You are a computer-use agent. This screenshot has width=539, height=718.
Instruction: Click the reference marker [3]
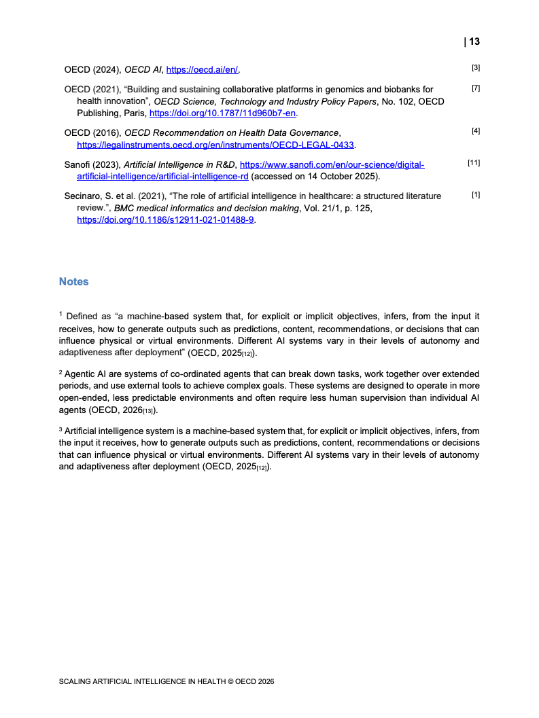476,67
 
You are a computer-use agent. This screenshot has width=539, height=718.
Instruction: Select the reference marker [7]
476,88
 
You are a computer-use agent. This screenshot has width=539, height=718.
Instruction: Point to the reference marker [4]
476,130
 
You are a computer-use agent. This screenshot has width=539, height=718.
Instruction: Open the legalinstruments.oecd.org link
216,145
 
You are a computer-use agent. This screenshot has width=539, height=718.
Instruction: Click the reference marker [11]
474,163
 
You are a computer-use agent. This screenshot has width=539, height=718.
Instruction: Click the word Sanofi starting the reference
77,164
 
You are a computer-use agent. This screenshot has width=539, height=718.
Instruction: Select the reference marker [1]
476,195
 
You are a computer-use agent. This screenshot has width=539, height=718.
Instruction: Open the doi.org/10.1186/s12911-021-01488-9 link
165,220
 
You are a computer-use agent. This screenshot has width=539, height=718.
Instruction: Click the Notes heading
73,281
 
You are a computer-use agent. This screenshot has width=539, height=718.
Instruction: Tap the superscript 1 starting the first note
60,314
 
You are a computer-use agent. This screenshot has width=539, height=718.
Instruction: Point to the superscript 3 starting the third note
60,431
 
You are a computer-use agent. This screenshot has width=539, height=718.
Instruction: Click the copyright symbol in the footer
229,681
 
